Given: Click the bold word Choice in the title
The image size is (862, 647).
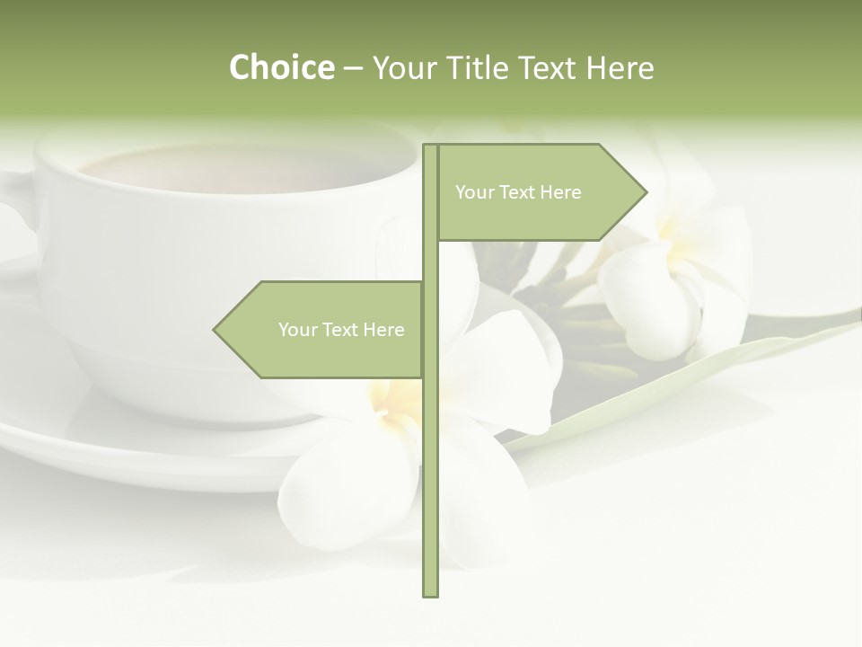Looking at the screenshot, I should [x=281, y=67].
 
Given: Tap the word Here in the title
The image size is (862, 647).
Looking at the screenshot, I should [x=620, y=67].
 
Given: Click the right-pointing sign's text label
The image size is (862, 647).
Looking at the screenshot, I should [x=518, y=192].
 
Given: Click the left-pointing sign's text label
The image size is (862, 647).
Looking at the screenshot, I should [x=341, y=330].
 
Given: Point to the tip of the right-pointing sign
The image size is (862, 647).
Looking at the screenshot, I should [x=646, y=191].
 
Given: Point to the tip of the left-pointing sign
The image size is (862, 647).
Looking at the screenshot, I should [x=215, y=330].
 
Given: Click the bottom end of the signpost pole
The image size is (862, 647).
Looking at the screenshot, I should [x=430, y=594].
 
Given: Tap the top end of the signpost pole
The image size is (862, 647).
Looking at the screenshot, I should [x=430, y=146].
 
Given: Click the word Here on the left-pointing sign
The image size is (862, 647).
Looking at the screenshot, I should [x=383, y=330].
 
